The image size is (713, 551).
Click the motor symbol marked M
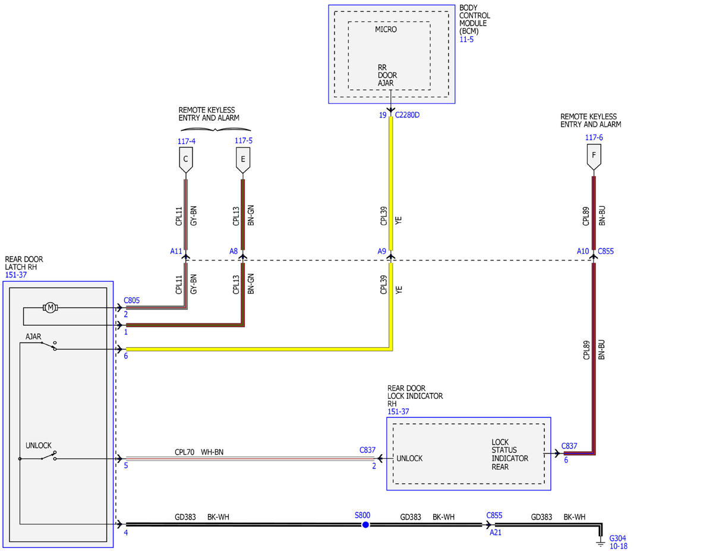(50, 307)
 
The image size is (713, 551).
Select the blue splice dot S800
(365, 525)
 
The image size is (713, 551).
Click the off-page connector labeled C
(186, 160)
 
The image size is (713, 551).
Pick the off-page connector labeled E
(243, 160)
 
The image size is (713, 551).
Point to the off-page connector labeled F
(594, 157)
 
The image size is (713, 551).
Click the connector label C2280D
(407, 115)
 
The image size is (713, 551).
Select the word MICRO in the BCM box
(386, 30)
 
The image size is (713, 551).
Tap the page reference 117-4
(187, 141)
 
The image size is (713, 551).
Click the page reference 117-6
(594, 137)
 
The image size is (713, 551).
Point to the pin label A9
(381, 251)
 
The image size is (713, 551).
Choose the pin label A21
(496, 533)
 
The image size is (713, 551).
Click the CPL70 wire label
(184, 452)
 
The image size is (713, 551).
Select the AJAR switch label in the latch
(33, 336)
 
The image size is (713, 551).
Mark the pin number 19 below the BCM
(383, 115)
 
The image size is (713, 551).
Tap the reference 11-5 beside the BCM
(466, 39)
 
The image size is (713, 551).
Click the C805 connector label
(131, 300)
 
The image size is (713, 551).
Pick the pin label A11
(176, 251)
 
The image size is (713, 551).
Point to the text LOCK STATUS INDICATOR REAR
(510, 454)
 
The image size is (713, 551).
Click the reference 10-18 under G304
(618, 546)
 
